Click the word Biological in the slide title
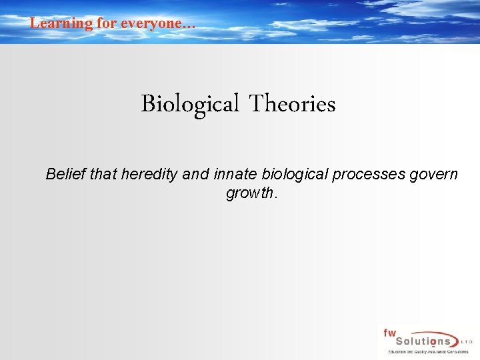189,105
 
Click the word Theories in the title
292,105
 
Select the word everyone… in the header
161,23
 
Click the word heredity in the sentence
151,175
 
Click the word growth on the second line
250,194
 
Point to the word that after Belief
103,175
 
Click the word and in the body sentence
195,175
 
